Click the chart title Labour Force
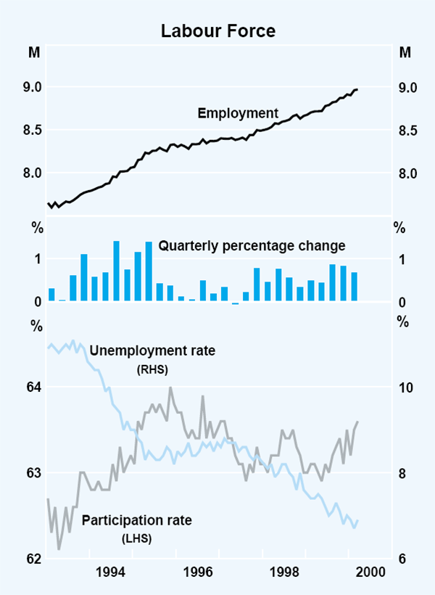coord(217,31)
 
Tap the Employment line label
coord(238,113)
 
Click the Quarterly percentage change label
coord(252,245)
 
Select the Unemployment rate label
coord(152,351)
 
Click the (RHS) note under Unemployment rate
coord(152,369)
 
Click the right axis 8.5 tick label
coord(405,131)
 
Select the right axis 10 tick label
coord(406,387)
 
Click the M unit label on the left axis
coord(34,52)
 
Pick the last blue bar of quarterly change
coord(355,287)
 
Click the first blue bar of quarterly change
coord(51,295)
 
